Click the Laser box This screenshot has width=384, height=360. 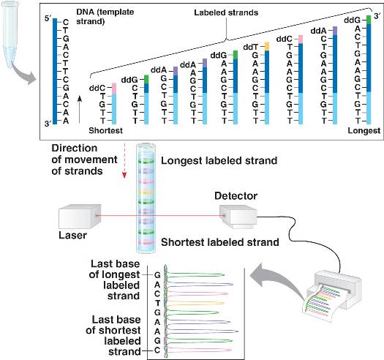80,216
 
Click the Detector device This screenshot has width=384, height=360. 238,217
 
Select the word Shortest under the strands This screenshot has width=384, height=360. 105,130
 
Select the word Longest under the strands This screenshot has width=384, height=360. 364,131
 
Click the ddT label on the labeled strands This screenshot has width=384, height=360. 251,47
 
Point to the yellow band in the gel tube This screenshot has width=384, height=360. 146,192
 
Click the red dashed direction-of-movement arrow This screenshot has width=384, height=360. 124,160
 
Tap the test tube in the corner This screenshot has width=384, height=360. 10,34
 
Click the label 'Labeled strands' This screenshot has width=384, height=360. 226,12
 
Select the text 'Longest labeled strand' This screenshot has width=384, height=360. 219,161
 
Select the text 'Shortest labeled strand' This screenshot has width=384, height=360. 220,242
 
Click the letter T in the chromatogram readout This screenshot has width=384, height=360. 157,303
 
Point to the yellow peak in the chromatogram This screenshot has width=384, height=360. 196,303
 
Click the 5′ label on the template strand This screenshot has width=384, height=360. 48,19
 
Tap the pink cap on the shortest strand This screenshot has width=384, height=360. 114,89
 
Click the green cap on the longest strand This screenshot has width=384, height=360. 369,20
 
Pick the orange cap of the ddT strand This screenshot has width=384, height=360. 267,46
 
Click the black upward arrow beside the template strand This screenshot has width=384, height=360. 79,109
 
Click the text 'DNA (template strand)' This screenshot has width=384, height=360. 105,16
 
